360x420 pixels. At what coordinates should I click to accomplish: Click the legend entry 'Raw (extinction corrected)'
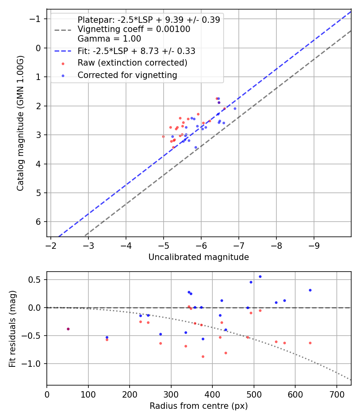[x=132, y=63]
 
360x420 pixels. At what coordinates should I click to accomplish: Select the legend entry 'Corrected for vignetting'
[x=127, y=75]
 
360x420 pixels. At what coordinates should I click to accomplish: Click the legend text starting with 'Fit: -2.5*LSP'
[x=136, y=51]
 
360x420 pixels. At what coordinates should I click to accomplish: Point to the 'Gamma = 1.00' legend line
[x=109, y=39]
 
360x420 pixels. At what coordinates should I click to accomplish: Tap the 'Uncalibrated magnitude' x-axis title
[x=198, y=257]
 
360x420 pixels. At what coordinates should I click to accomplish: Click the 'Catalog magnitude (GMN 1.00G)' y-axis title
[x=21, y=123]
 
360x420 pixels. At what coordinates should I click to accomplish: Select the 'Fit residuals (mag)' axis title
[x=12, y=328]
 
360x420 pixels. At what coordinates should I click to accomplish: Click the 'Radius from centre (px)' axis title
[x=198, y=406]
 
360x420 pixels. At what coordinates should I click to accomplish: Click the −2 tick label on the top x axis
[x=51, y=244]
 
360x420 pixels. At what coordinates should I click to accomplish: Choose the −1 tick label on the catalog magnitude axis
[x=37, y=19]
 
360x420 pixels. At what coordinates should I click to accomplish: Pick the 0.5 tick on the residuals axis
[x=36, y=280]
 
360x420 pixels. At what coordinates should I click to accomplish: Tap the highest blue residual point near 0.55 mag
[x=260, y=276]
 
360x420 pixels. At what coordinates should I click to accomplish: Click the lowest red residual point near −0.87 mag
[x=203, y=356]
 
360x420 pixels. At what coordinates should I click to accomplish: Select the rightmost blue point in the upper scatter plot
[x=235, y=108]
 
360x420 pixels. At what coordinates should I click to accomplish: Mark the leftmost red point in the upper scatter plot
[x=163, y=136]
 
